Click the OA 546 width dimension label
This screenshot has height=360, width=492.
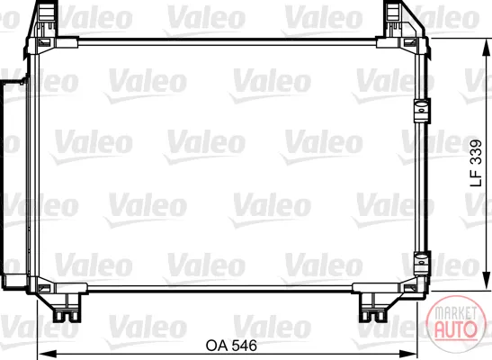(x=231, y=346)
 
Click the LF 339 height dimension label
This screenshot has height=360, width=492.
(x=476, y=163)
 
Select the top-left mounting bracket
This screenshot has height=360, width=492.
(x=41, y=20)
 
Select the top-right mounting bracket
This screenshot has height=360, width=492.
(x=403, y=20)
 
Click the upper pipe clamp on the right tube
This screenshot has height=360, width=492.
(x=422, y=111)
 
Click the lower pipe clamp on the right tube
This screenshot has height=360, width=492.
(x=422, y=263)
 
